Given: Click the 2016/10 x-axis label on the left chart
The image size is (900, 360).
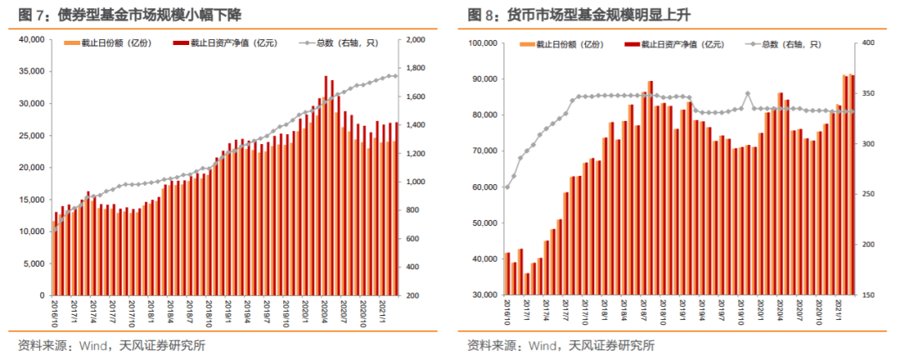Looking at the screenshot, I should tap(53, 314).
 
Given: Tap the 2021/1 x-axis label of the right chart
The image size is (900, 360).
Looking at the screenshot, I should tap(841, 314).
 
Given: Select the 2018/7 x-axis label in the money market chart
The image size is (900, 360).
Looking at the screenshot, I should tap(643, 314).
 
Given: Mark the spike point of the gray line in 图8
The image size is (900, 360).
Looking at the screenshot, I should tap(747, 93).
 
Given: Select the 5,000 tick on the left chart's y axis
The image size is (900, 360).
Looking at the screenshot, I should tap(32, 263).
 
